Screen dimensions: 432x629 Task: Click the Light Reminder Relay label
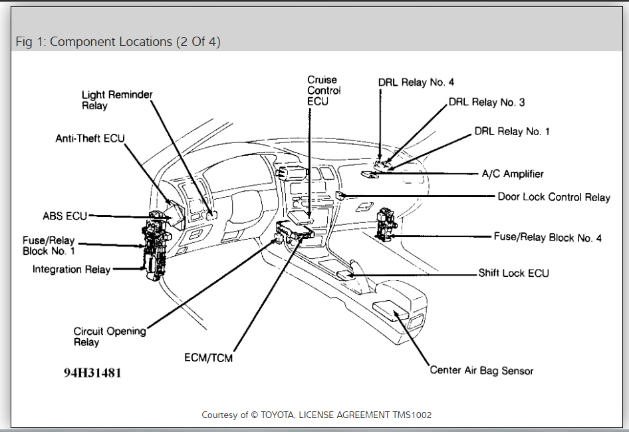tap(117, 100)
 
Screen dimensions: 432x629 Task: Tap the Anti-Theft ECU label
tap(90, 138)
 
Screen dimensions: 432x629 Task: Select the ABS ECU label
tap(65, 216)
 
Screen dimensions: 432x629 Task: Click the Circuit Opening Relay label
tap(110, 336)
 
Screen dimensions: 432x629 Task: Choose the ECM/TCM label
tap(209, 357)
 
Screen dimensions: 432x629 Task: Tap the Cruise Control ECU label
tap(324, 91)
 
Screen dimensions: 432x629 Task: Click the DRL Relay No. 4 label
tap(416, 82)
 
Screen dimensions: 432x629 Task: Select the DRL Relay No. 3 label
tap(487, 102)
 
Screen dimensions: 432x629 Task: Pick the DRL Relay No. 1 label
tap(512, 131)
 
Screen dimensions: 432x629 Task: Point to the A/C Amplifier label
tap(513, 174)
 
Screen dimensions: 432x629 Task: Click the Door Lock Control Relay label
tap(554, 197)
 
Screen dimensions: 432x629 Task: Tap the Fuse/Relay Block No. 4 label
tap(548, 237)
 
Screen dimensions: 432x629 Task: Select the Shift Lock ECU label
tap(514, 273)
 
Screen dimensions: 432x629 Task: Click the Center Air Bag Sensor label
tap(481, 370)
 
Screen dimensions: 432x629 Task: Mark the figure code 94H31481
tap(92, 373)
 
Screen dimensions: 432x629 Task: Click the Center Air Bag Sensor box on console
tap(394, 310)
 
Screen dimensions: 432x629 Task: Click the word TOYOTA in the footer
tap(279, 415)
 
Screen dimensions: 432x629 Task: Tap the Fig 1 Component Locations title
tap(118, 42)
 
